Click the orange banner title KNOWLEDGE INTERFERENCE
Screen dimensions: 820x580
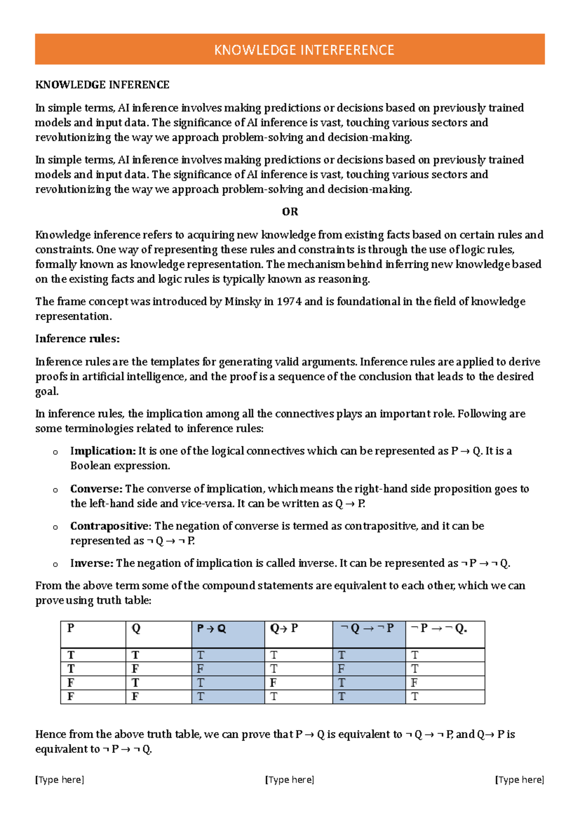click(304, 50)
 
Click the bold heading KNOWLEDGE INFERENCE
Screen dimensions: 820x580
click(102, 85)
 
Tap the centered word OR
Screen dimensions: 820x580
click(290, 212)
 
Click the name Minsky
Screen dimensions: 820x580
click(243, 302)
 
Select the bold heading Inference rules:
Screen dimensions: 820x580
click(77, 339)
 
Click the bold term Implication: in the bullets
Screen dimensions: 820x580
click(102, 451)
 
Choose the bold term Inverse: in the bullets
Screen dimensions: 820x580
click(92, 563)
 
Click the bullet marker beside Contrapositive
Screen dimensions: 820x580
click(55, 527)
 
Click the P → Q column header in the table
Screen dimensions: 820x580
click(212, 629)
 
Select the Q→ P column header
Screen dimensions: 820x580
click(284, 629)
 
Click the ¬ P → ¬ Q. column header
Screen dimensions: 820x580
click(438, 629)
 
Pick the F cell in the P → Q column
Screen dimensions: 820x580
click(200, 669)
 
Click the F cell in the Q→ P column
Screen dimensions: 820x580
click(273, 683)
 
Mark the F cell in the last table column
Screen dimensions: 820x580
click(414, 683)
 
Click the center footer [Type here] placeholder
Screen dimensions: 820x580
click(290, 779)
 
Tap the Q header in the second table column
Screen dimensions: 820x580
click(136, 629)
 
